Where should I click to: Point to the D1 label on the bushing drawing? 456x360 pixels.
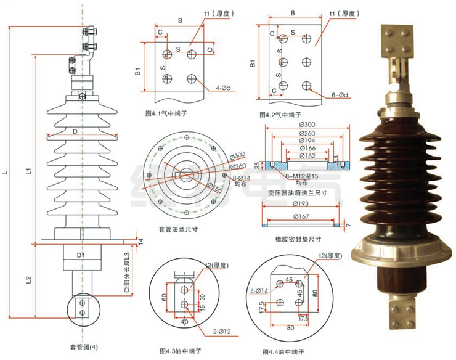point(81,255)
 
